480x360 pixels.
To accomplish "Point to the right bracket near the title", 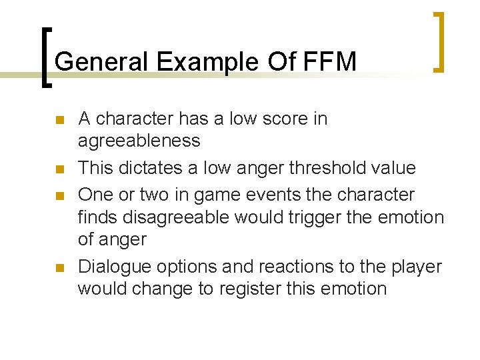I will (437, 41).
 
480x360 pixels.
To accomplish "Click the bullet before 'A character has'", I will (59, 121).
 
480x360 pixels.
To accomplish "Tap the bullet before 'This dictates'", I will (59, 170).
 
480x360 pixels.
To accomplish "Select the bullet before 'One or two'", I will (59, 197).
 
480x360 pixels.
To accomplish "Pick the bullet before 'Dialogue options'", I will (59, 269).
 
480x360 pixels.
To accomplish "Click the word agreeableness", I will (139, 141).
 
